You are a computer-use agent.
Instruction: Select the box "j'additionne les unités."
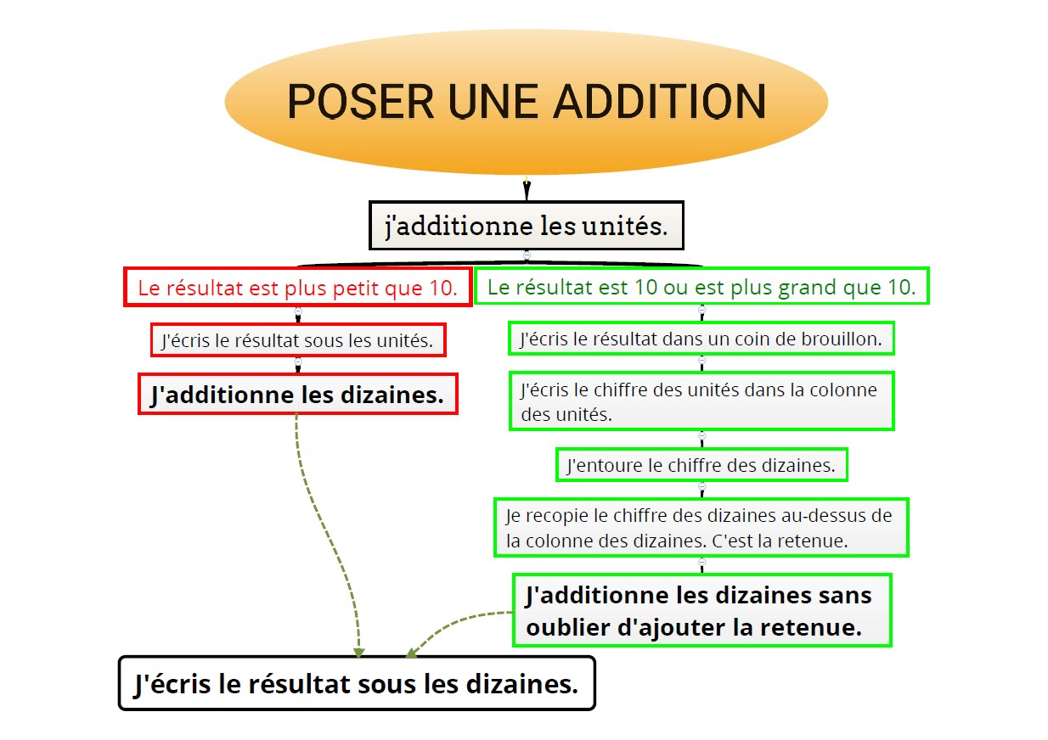tap(526, 226)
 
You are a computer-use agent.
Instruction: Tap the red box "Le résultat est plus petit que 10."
tap(297, 288)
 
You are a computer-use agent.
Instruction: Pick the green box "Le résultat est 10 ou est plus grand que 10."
tap(701, 287)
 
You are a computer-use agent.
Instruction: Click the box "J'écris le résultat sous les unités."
tap(297, 341)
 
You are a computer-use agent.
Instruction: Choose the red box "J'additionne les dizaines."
tap(297, 395)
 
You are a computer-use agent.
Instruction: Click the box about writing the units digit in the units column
tap(701, 401)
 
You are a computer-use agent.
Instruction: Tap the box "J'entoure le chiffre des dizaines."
tap(701, 465)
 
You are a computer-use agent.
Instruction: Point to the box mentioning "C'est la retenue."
tap(701, 528)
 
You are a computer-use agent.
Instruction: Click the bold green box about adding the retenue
tap(701, 610)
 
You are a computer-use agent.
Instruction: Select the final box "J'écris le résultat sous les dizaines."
tap(357, 683)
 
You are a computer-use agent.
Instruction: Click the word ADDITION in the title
tap(660, 102)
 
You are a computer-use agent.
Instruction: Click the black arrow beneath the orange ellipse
tap(527, 188)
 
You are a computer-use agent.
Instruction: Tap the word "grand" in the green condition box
tap(808, 288)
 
